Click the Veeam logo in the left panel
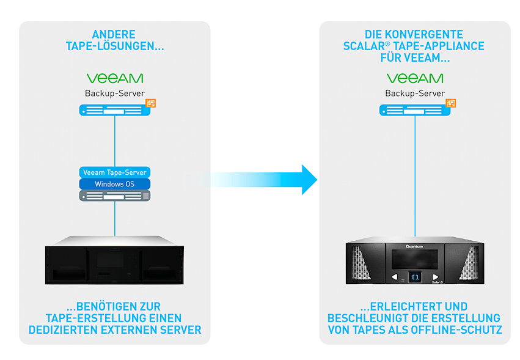[114, 78]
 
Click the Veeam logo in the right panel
[415, 78]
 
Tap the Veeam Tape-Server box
[115, 172]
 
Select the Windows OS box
[115, 184]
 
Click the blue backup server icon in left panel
[114, 110]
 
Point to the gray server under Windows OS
[115, 196]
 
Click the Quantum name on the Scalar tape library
[415, 247]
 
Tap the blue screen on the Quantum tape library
[415, 276]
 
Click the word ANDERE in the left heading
[114, 34]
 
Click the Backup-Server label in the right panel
[415, 94]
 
